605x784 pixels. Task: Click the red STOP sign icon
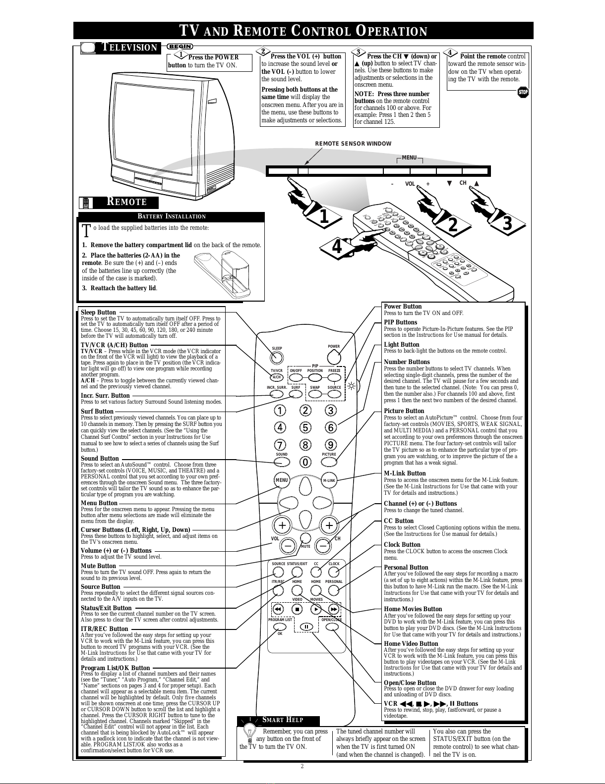pyautogui.click(x=523, y=92)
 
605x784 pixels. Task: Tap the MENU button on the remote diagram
pyautogui.click(x=282, y=480)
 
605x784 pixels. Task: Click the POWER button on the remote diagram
pyautogui.click(x=334, y=357)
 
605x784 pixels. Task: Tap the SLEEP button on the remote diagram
pyautogui.click(x=277, y=358)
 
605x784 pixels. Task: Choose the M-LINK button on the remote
pyautogui.click(x=329, y=480)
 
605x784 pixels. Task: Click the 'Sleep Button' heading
pyautogui.click(x=98, y=313)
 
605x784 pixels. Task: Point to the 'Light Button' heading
pyautogui.click(x=401, y=345)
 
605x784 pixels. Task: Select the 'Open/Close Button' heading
pyautogui.click(x=410, y=682)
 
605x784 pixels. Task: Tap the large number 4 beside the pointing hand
pyautogui.click(x=337, y=246)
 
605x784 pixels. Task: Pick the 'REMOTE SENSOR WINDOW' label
pyautogui.click(x=353, y=144)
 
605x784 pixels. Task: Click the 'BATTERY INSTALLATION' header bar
pyautogui.click(x=171, y=216)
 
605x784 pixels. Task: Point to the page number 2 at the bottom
pyautogui.click(x=302, y=766)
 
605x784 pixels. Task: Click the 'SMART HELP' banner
pyautogui.click(x=282, y=720)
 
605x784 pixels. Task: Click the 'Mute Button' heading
pyautogui.click(x=98, y=566)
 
